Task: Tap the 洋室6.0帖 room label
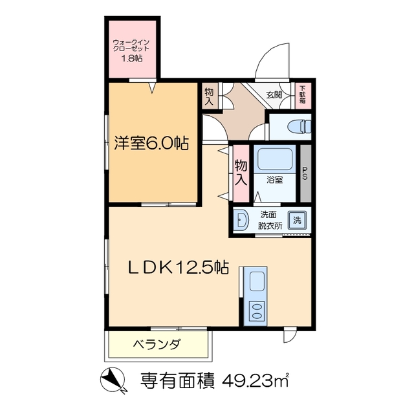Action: point(152,143)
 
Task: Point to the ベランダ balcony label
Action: point(157,344)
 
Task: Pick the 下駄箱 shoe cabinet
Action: point(303,95)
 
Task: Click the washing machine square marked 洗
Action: point(298,219)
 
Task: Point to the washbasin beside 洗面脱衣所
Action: point(241,221)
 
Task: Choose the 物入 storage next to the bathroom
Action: point(241,171)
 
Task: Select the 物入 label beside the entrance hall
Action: point(210,96)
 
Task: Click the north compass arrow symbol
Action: point(112,380)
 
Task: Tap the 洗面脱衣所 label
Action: point(270,220)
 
